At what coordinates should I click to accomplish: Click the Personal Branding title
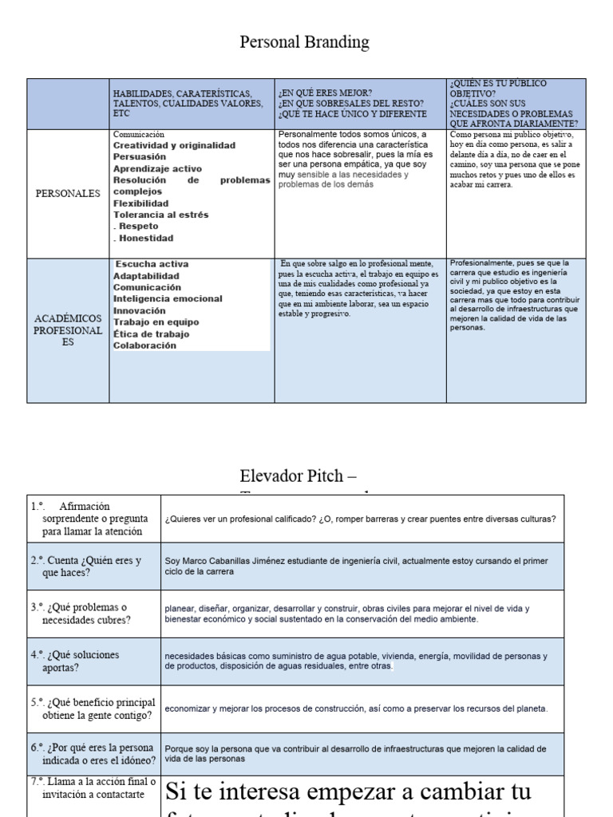(304, 42)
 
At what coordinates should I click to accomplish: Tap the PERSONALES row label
(68, 193)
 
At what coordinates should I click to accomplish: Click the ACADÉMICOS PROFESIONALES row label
(68, 330)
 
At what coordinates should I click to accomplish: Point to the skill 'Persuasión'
(140, 157)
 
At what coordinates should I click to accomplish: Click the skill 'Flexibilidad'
(141, 203)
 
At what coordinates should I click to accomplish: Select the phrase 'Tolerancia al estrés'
(160, 215)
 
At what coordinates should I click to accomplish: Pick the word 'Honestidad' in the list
(146, 238)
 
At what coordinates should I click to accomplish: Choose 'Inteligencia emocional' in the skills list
(168, 299)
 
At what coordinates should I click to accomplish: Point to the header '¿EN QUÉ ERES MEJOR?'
(325, 93)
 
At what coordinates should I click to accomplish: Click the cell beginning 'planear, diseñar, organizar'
(347, 614)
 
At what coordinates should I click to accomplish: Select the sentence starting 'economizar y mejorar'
(356, 708)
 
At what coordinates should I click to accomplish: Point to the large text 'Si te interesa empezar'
(348, 793)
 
